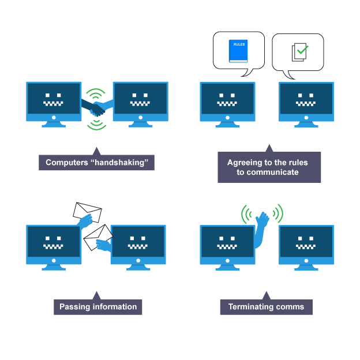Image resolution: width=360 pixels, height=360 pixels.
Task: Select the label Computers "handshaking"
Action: (96, 163)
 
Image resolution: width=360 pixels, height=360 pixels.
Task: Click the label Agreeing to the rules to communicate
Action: (268, 167)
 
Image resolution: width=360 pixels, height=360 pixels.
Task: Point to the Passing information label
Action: (98, 306)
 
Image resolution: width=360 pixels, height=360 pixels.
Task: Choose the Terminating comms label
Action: (266, 306)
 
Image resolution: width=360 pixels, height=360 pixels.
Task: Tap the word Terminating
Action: (250, 306)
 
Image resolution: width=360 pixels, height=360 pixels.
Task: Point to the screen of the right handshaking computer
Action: (140, 99)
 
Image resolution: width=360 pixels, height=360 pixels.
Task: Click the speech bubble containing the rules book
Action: (238, 52)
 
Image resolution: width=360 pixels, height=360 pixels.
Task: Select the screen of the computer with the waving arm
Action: (227, 243)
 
